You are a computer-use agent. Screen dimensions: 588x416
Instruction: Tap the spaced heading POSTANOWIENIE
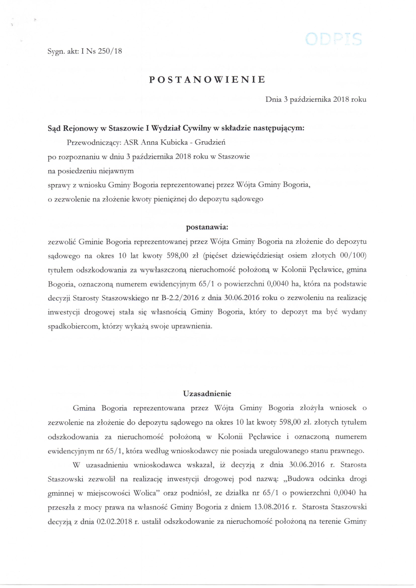[207, 80]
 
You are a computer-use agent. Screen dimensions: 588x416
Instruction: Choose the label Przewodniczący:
[94, 142]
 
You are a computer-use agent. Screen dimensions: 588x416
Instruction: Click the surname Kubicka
[174, 142]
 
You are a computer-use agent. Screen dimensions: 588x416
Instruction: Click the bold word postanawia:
[207, 227]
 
